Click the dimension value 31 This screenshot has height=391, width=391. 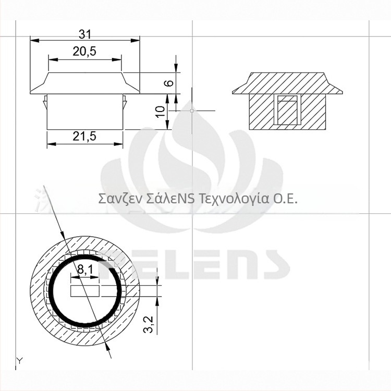point(85,34)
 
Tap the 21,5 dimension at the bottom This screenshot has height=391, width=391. point(85,137)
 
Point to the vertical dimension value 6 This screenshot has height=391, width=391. point(167,83)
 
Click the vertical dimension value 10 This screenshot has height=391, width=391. point(161,111)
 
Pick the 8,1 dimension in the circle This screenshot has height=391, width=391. point(85,270)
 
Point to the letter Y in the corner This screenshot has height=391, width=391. point(19,360)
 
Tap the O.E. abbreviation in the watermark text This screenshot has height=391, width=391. point(286,199)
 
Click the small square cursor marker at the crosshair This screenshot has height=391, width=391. point(192,111)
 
